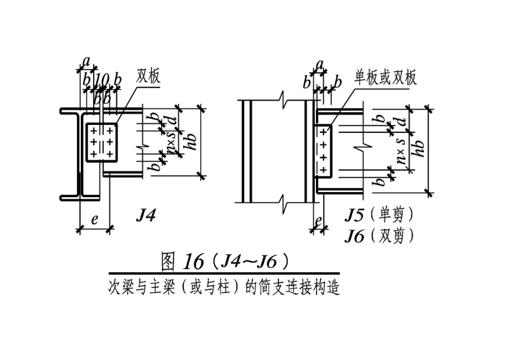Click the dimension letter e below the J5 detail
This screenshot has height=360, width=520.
(x=318, y=221)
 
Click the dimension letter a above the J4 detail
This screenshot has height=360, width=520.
(x=86, y=61)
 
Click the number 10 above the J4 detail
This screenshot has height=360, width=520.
(x=102, y=79)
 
